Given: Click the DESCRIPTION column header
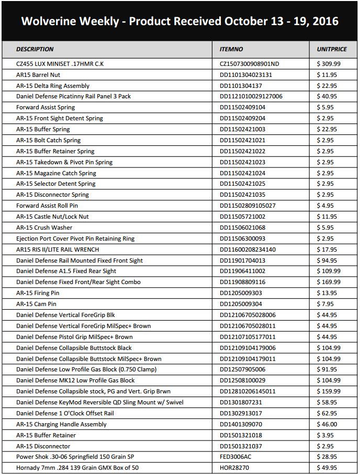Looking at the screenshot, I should (x=35, y=49).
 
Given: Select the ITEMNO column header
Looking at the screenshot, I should (x=231, y=49).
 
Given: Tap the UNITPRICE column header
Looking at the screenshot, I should (x=332, y=49).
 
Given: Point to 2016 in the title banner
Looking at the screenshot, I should (x=324, y=21).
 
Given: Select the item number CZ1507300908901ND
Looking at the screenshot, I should (x=250, y=64).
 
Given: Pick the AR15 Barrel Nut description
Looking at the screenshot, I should (x=38, y=75).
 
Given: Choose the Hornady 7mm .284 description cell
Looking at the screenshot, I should (x=77, y=468).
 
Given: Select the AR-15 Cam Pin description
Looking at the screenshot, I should (x=36, y=304).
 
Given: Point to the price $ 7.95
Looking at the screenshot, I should (x=327, y=304).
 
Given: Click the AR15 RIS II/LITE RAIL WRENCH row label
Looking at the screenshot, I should (x=58, y=250).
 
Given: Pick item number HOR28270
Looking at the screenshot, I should (x=234, y=468).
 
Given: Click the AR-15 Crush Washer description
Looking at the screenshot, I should (x=44, y=228).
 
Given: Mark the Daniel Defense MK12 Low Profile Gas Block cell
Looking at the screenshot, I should (x=75, y=380).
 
